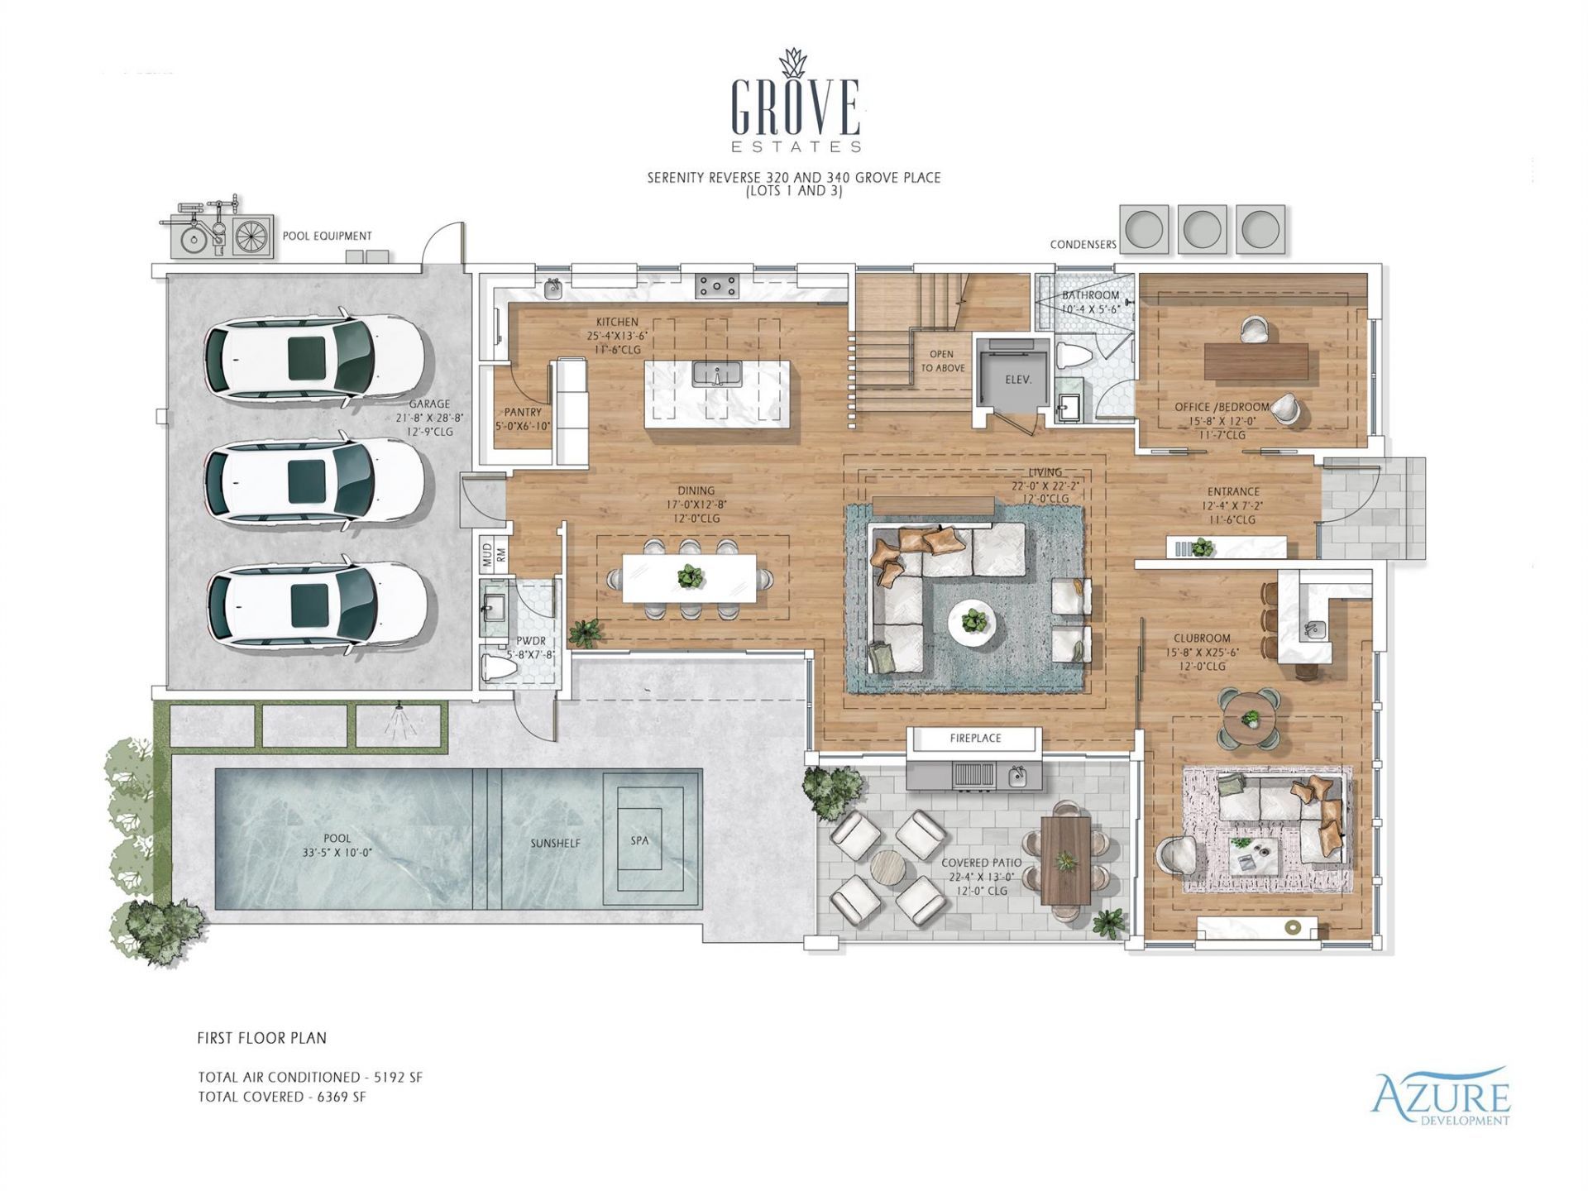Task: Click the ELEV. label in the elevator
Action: point(1018,380)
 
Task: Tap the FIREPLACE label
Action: point(975,738)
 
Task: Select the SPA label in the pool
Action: point(639,840)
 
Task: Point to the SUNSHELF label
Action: point(555,844)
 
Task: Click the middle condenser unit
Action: point(1202,228)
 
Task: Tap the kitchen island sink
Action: point(716,374)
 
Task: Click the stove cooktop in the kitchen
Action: point(717,286)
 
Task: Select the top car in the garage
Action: point(314,358)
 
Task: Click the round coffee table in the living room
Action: point(973,620)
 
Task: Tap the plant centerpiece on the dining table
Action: point(690,576)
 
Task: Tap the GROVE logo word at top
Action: point(795,108)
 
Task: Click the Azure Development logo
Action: point(1440,1098)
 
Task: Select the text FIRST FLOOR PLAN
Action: point(261,1038)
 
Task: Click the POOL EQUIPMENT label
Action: point(327,236)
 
